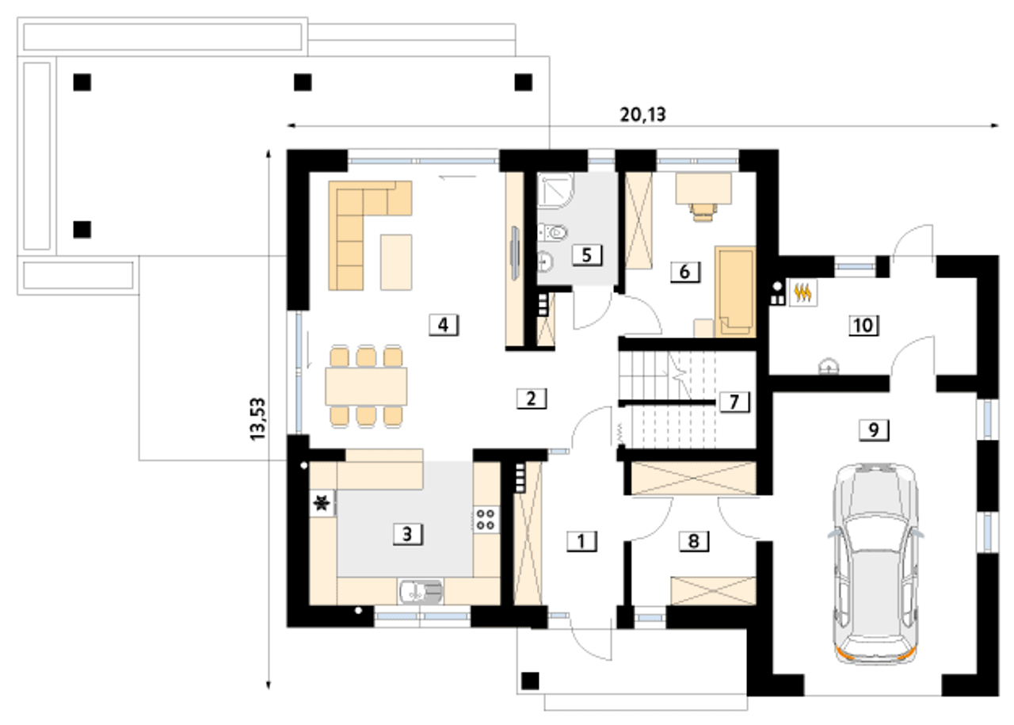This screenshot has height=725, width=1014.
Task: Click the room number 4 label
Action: click(x=444, y=325)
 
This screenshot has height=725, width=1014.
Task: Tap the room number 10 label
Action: click(x=863, y=325)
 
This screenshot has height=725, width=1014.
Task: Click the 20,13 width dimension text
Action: click(x=642, y=115)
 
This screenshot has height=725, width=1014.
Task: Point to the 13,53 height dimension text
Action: click(x=258, y=419)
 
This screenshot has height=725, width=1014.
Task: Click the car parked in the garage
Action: click(x=875, y=564)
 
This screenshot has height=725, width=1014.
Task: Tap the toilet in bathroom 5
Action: click(x=553, y=233)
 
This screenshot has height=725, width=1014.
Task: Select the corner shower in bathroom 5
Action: click(x=556, y=190)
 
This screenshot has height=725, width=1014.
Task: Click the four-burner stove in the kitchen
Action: click(x=486, y=520)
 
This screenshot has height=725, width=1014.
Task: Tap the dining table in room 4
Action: click(x=366, y=387)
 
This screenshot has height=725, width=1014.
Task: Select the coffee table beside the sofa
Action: click(x=396, y=262)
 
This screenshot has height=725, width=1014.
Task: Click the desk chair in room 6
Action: click(x=703, y=212)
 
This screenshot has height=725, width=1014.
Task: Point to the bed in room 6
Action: click(x=735, y=292)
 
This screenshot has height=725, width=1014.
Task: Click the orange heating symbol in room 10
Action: click(x=802, y=293)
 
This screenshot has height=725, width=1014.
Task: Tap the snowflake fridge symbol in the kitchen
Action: click(x=322, y=503)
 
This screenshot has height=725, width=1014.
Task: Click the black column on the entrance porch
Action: click(x=531, y=681)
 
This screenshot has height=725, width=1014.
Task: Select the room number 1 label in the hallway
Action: click(x=581, y=541)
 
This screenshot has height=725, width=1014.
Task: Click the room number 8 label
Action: click(x=693, y=541)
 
